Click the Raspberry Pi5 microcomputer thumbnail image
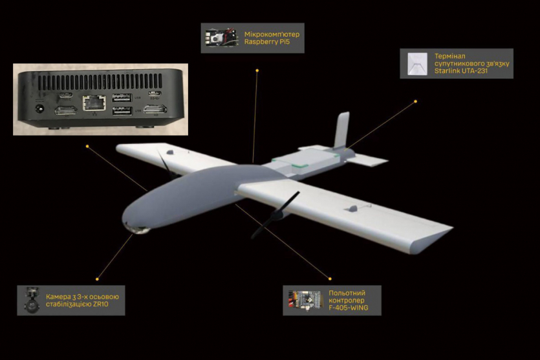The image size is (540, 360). tap(221, 38)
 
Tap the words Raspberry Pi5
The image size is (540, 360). tap(267, 42)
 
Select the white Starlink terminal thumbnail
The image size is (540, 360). tap(417, 64)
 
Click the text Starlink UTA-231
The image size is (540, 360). tap(461, 71)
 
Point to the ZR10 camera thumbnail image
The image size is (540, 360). tap(32, 300)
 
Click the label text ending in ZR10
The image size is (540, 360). tap(82, 301)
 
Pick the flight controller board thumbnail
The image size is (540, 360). tap(305, 300)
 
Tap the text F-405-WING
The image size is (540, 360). tap(348, 308)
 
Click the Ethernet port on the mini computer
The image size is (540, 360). tap(94, 103)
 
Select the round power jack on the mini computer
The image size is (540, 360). tap(40, 109)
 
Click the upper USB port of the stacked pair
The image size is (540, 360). tap(122, 98)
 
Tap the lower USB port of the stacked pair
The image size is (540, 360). tap(122, 111)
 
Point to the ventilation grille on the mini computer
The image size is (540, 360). tap(100, 81)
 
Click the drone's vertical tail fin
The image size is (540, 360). tap(341, 131)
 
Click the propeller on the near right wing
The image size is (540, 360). tap(275, 215)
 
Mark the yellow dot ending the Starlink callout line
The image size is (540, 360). tap(415, 101)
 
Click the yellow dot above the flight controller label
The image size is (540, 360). tap(330, 279)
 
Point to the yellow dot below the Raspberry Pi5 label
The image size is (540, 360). tap(257, 70)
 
